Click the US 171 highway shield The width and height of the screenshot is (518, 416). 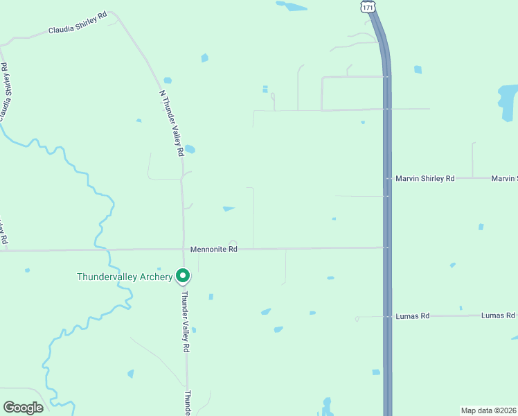click(368, 6)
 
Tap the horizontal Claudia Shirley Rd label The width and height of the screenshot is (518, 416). click(78, 30)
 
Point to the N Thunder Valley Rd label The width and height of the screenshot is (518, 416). click(171, 122)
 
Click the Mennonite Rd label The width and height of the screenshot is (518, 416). click(214, 249)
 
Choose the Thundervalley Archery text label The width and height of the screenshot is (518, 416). click(125, 277)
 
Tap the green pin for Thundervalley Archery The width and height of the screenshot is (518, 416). click(183, 276)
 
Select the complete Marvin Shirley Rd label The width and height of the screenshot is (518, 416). click(425, 178)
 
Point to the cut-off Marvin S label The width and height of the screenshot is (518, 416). click(504, 178)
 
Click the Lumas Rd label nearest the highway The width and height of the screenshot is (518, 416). click(412, 315)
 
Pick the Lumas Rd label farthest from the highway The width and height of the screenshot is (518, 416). click(499, 315)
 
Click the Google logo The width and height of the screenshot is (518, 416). click(23, 408)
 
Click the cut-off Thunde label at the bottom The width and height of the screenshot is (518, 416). click(188, 403)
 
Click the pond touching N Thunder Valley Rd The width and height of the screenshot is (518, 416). click(190, 148)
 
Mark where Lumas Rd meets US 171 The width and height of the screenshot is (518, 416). click(387, 316)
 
